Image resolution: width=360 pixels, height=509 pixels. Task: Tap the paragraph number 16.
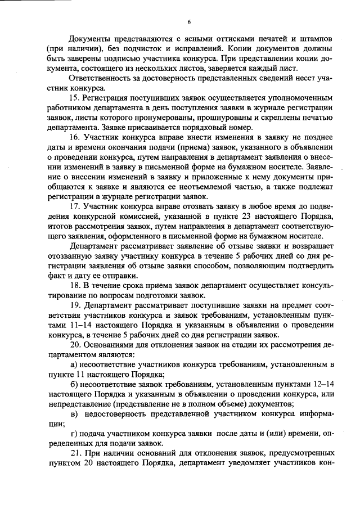click(x=74, y=138)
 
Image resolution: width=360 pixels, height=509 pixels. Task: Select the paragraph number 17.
click(x=74, y=206)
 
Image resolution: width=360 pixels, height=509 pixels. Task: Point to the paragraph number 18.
click(x=74, y=285)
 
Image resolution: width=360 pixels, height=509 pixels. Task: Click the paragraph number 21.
click(x=75, y=453)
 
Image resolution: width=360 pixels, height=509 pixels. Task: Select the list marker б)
click(x=74, y=384)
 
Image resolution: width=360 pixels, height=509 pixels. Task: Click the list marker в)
click(x=74, y=414)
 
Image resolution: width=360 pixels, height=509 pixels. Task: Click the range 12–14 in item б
click(x=322, y=384)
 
